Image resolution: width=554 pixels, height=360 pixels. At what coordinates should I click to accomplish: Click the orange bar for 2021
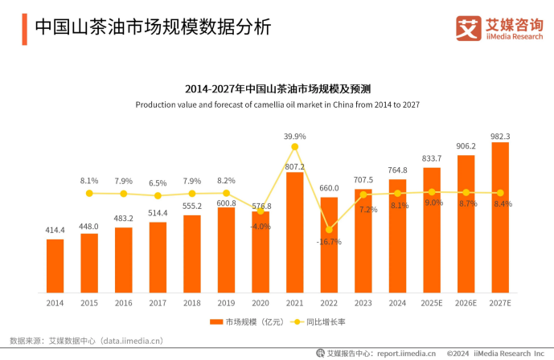[295, 232]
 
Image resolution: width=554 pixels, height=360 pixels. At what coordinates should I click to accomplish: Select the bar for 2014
[55, 265]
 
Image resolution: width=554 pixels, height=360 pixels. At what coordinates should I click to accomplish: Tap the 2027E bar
[500, 217]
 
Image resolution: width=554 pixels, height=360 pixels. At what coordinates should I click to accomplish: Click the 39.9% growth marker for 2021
[295, 147]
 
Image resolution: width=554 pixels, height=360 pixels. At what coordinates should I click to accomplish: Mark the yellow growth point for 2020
[261, 211]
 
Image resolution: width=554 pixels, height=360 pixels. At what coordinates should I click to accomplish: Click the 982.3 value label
[500, 136]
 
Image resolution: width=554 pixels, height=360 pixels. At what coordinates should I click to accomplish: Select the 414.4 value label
[55, 231]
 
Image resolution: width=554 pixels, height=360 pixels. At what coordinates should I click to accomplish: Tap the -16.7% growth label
[329, 241]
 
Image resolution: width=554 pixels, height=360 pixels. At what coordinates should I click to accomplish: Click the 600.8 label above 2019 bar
[226, 202]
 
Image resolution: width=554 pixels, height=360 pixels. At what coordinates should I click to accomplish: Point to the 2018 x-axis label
[191, 304]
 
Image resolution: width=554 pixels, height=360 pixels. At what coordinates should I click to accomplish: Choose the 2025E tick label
[431, 304]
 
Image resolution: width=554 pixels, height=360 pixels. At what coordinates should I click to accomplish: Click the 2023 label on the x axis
[363, 304]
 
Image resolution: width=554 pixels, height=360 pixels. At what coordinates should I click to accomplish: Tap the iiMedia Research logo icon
[469, 28]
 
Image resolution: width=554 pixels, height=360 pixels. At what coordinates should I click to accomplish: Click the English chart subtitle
[277, 105]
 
